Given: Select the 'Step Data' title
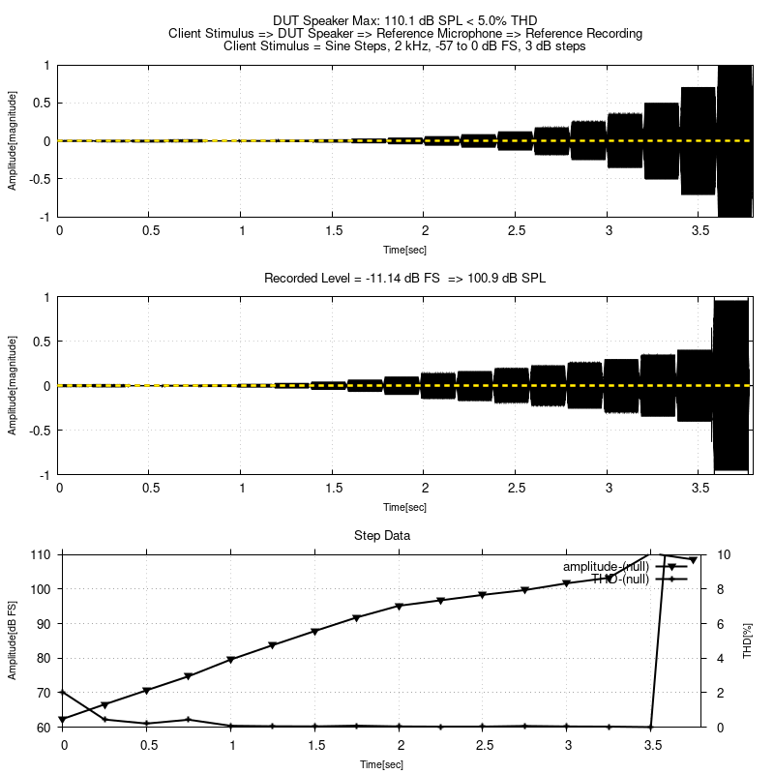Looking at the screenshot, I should (404, 535).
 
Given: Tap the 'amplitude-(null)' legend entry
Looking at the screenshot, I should (606, 566).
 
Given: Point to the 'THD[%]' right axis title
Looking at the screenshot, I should (747, 640).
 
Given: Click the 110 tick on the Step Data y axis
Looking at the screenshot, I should (44, 554).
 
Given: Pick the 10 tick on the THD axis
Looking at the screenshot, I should (724, 554).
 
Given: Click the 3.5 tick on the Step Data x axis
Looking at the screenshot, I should (653, 745).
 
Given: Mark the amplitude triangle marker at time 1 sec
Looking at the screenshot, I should (231, 660).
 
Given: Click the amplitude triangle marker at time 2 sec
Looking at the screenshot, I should (400, 607).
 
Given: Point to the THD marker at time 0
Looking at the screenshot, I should (63, 693).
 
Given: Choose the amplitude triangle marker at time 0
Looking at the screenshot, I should (63, 720).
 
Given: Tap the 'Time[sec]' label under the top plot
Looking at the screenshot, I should (404, 250).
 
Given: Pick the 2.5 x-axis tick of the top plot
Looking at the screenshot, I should (517, 231).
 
